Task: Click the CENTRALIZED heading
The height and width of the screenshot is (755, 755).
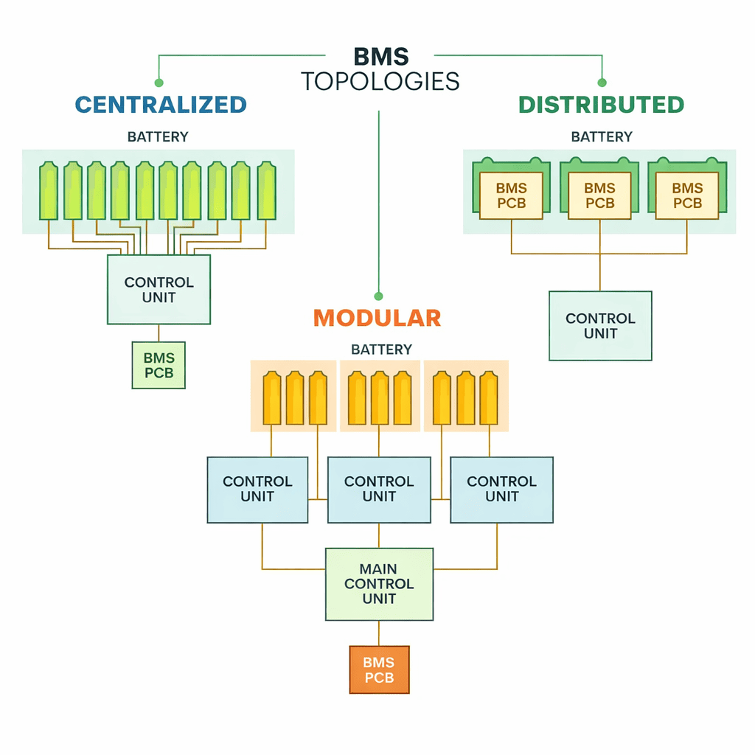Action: coord(161,105)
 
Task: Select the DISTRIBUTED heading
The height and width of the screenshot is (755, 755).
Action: coord(601,105)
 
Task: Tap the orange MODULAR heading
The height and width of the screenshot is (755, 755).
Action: coord(377,318)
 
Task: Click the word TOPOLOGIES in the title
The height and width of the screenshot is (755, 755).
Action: coord(380,81)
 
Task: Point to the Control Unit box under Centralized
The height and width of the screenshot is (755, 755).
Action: coord(159,290)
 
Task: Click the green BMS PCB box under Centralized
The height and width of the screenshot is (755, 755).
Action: coord(159,366)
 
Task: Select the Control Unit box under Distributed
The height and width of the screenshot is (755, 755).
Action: coord(600,326)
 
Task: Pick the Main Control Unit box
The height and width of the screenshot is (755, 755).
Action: coord(379,584)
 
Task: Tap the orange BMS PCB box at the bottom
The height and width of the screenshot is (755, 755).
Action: coord(379,670)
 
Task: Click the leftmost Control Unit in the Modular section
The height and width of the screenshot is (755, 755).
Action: coord(257,490)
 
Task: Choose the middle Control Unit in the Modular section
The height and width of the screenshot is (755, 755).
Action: coord(379,490)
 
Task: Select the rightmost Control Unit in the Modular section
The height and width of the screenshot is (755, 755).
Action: coord(501,490)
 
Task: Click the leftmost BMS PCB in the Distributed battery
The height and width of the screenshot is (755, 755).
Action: coord(511,196)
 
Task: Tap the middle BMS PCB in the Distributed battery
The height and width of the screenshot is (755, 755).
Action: coord(599,196)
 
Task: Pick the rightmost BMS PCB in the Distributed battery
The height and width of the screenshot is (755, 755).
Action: coord(687,196)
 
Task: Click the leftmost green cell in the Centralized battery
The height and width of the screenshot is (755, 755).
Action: coord(49,191)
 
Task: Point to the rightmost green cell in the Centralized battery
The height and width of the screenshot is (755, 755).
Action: coord(266,191)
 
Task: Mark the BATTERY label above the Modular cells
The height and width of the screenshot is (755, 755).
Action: coord(381,349)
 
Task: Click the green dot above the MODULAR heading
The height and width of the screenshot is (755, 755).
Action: coord(378,296)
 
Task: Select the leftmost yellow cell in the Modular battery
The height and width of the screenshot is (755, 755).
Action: coord(272,399)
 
